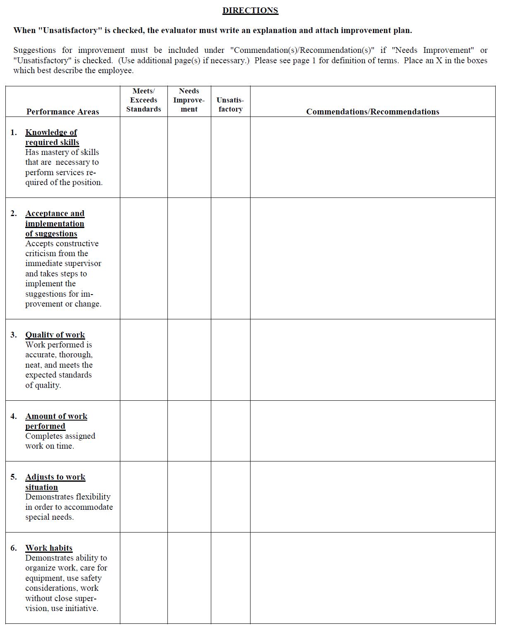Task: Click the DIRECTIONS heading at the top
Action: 250,11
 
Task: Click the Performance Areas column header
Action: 63,112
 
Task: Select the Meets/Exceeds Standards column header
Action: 143,100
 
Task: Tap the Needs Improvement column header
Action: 189,100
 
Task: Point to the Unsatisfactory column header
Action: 230,105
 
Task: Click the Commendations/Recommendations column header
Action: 372,112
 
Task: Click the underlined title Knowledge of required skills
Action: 52,137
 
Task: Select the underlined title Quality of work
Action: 55,335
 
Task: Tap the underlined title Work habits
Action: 49,548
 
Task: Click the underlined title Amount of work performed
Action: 56,421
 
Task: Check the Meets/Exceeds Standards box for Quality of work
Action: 143,359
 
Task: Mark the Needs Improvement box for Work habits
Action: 189,578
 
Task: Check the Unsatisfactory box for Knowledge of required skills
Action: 230,157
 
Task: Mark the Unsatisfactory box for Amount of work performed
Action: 230,430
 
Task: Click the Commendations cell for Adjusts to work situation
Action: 372,497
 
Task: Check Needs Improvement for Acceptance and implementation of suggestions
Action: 189,258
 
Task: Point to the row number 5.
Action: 14,477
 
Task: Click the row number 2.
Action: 14,214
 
